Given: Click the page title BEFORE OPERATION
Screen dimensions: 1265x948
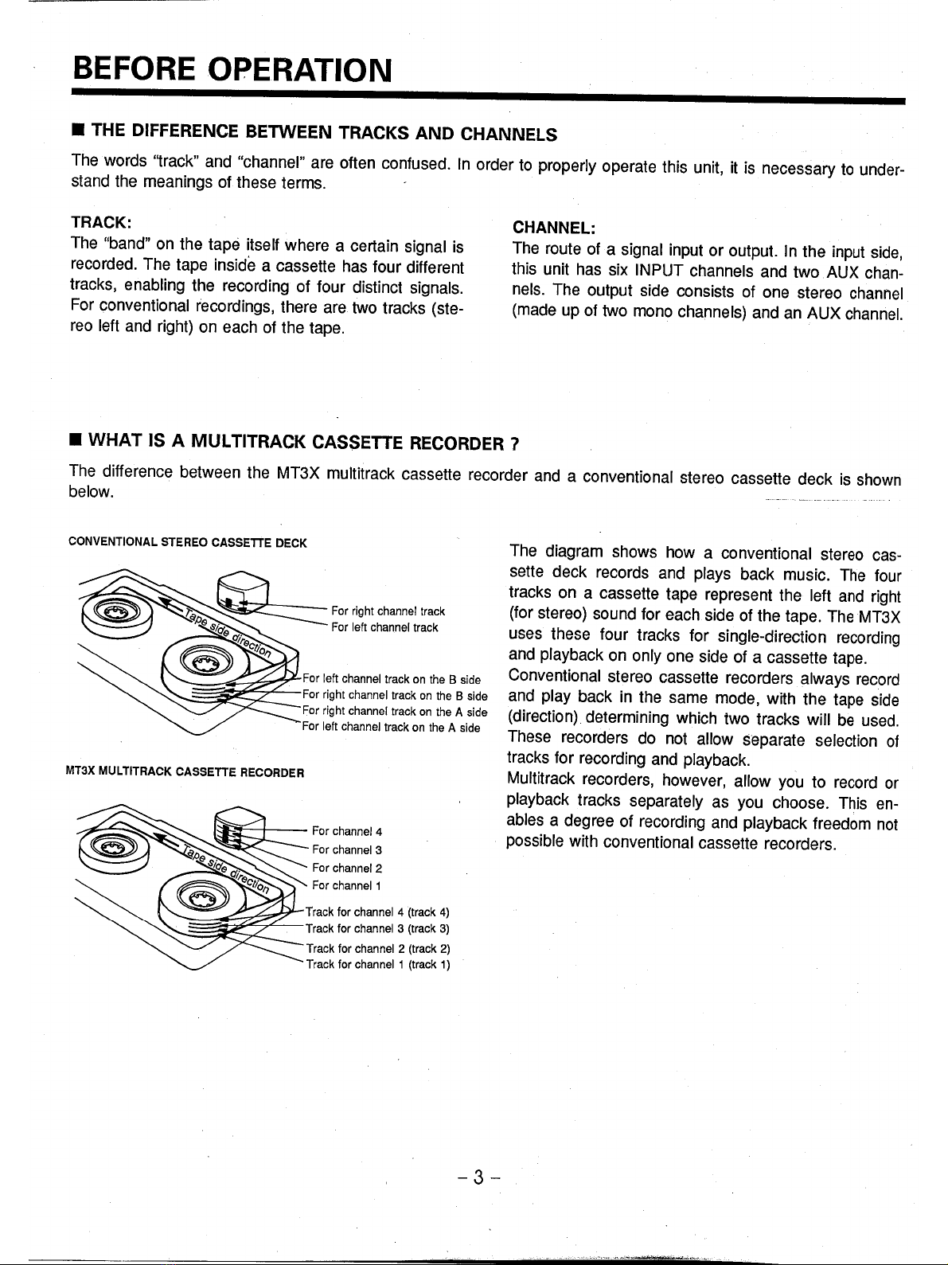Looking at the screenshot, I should [232, 70].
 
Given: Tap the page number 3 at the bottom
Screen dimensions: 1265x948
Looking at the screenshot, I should [478, 1177].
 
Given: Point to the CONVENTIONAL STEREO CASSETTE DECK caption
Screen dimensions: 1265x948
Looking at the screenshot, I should [188, 543].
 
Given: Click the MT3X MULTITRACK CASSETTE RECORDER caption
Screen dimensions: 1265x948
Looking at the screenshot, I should [188, 771].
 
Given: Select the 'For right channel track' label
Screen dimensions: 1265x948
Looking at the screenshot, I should [388, 611].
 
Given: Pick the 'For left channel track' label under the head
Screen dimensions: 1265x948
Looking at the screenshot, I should [384, 627].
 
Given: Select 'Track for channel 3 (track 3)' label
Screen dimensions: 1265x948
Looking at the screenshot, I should [379, 928].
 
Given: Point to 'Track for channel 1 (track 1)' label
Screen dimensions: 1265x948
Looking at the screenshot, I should [379, 965].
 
